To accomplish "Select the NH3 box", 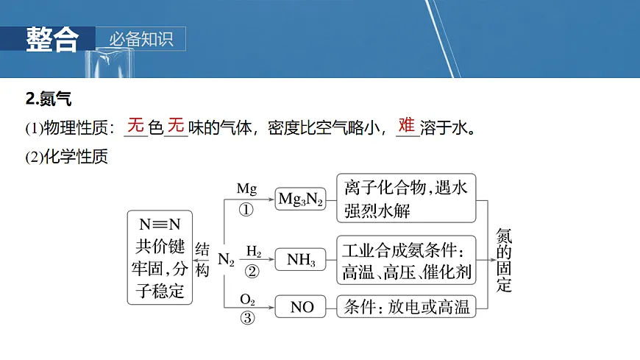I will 301,259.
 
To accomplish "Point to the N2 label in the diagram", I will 226,260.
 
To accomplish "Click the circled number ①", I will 246,210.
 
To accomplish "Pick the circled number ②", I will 252,272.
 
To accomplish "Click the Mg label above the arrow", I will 246,188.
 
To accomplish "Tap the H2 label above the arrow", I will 254,250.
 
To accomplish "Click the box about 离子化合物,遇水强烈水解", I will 405,199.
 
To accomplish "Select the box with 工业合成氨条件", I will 405,259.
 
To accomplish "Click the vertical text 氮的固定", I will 504,260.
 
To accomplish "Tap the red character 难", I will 406,125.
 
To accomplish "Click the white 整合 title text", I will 51,38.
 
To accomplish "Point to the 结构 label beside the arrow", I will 202,260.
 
